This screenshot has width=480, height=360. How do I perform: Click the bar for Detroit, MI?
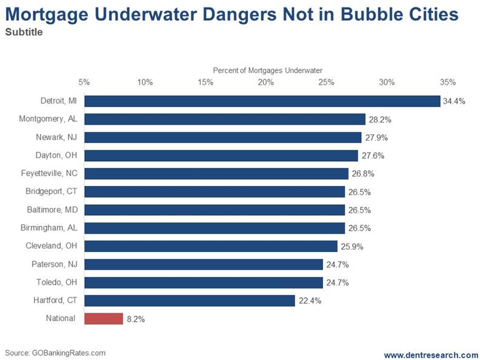262,101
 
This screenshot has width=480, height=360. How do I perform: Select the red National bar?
104,318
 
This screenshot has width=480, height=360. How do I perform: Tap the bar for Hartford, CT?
189,300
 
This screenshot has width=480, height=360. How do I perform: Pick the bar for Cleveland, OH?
210,246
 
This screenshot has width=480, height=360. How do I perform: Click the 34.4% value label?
454,102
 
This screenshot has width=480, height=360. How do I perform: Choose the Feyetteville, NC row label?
49,174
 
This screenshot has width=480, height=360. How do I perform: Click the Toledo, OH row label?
56,282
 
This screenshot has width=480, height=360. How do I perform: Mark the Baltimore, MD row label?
53,210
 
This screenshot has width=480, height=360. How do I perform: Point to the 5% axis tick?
84,82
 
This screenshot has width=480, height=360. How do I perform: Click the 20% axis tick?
265,82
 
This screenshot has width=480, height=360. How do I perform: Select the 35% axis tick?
447,82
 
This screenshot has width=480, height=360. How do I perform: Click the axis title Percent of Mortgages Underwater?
267,70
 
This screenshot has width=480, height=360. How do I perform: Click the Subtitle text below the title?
24,32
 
